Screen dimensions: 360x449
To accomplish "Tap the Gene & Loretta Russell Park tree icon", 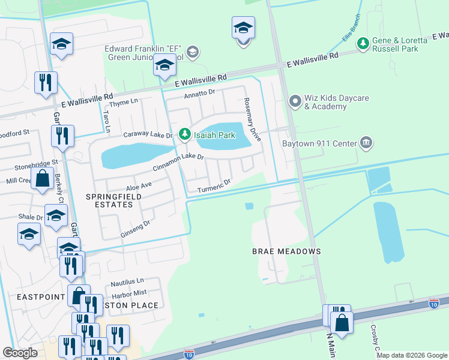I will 363,43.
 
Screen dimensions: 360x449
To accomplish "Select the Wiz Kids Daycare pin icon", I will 295,101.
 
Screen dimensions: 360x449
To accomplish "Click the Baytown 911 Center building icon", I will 366,143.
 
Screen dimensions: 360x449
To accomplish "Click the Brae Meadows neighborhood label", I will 287,251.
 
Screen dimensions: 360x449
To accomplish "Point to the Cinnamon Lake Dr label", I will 178,162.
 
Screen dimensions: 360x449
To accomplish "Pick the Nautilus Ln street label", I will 127,281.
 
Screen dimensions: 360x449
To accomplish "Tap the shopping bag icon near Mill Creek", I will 42,178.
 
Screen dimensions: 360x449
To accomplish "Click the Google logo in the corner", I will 20,352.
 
